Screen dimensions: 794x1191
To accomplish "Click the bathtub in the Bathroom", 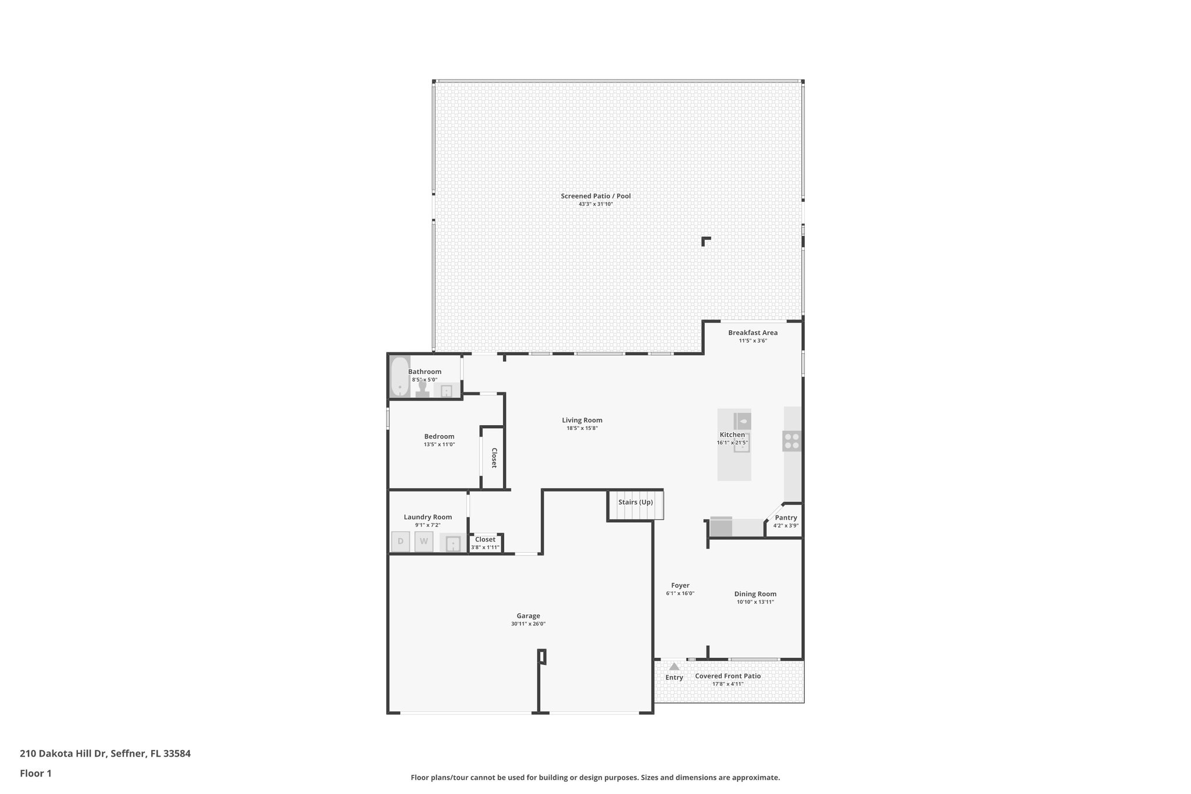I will tap(400, 376).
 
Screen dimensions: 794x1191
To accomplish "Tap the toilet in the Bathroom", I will tap(423, 389).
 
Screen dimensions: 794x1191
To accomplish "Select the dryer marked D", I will tap(400, 542).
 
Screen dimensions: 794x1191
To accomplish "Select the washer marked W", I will tap(424, 542).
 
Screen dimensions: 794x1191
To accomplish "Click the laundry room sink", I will tap(453, 544).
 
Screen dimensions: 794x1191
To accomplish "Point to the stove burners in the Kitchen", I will tap(791, 441).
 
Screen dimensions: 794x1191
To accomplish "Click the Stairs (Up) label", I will tap(635, 502).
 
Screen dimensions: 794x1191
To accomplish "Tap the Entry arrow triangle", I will tap(674, 667).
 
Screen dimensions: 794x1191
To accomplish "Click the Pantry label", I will tap(786, 518).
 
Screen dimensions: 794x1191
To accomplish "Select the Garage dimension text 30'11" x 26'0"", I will tap(528, 624).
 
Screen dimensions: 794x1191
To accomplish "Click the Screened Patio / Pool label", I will tap(595, 196).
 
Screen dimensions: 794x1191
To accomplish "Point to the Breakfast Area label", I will tap(753, 333).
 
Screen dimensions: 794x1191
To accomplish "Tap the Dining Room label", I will tap(755, 594).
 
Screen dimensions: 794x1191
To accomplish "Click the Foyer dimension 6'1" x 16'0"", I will tap(680, 593).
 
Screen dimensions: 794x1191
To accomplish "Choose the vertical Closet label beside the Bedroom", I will tap(494, 458).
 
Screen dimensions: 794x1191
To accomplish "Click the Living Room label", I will tap(582, 420).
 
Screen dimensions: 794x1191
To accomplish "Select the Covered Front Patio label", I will tap(728, 676).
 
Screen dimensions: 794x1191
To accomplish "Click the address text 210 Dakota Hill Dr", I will tap(63, 753).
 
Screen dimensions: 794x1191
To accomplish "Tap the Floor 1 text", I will tap(35, 773).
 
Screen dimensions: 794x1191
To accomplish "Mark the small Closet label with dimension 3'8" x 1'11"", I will tap(485, 539).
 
